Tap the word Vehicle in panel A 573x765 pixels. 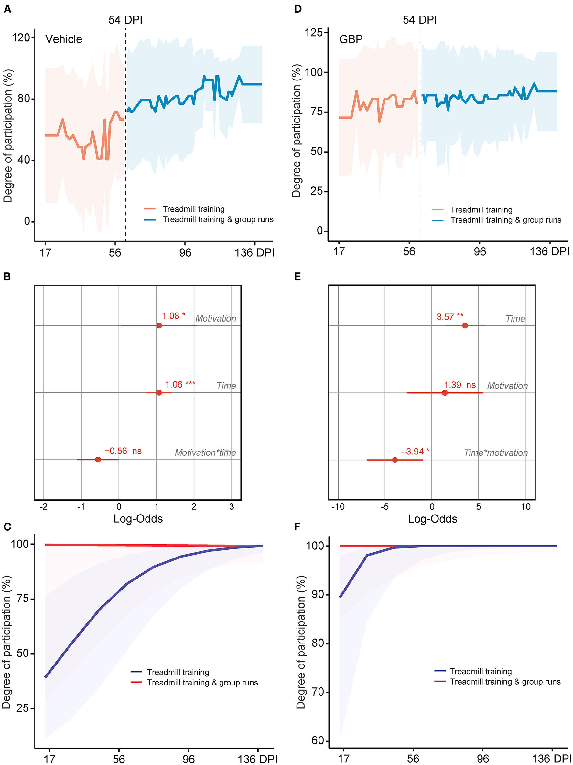(64, 39)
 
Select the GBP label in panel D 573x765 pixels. (351, 39)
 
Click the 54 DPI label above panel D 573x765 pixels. (419, 20)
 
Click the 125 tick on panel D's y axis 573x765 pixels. (313, 33)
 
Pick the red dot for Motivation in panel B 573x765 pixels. (159, 325)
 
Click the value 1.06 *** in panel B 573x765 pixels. (180, 385)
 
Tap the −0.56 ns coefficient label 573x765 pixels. (123, 451)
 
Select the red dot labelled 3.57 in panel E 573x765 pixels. (465, 325)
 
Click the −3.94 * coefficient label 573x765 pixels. (415, 452)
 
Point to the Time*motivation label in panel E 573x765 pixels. (495, 453)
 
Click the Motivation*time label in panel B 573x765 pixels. (205, 453)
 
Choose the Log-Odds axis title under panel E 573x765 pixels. (433, 519)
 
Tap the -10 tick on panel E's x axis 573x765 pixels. (338, 507)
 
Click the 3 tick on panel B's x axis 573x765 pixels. (232, 507)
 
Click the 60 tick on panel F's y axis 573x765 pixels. (318, 740)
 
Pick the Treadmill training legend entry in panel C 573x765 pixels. (178, 672)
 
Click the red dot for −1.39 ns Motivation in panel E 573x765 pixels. (445, 393)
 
